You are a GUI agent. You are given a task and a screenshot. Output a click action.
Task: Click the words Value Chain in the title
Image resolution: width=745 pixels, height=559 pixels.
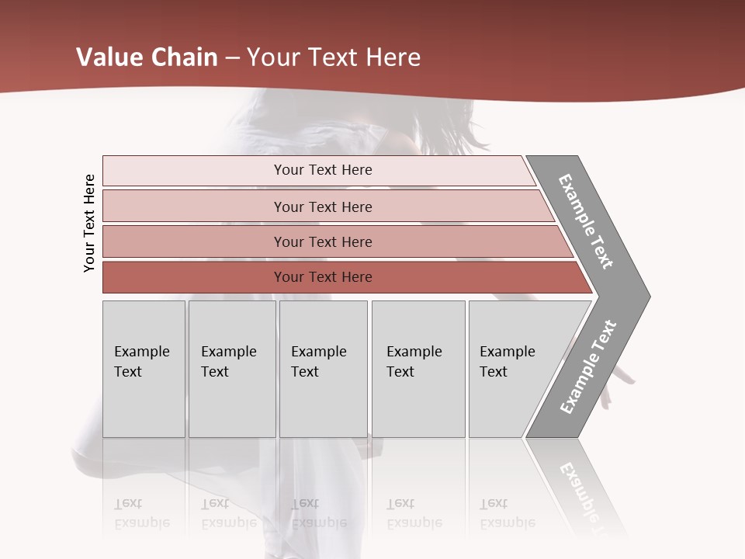(x=147, y=57)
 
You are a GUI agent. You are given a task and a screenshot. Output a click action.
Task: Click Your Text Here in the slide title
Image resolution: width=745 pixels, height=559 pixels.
(x=334, y=57)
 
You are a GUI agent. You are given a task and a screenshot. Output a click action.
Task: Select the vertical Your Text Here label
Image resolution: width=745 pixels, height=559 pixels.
(x=89, y=223)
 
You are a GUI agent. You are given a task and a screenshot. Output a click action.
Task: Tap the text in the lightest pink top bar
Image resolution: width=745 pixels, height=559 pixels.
(x=323, y=170)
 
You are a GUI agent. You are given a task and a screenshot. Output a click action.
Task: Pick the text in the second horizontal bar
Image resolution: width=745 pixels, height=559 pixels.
(x=323, y=207)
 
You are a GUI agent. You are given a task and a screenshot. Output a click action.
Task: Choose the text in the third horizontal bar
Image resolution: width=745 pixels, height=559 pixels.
(x=323, y=242)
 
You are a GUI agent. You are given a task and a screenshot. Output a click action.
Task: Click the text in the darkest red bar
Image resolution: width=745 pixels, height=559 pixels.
(x=323, y=277)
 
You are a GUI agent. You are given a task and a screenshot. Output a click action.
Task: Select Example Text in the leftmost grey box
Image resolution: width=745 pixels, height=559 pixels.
(x=141, y=362)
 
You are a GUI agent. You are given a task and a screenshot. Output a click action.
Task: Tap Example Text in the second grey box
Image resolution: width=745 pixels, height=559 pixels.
(x=228, y=362)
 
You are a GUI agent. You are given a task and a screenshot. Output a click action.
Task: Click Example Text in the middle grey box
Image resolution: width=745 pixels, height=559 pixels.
(x=318, y=362)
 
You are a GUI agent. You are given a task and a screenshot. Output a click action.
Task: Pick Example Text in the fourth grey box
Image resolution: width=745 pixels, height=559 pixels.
(x=414, y=362)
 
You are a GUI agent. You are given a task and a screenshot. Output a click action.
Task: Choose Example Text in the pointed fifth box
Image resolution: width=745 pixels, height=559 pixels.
(x=507, y=362)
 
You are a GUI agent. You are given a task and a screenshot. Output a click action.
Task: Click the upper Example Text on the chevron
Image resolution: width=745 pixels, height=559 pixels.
(x=586, y=221)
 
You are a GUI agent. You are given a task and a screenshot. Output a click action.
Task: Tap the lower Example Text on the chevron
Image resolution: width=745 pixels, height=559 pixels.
(x=587, y=367)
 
